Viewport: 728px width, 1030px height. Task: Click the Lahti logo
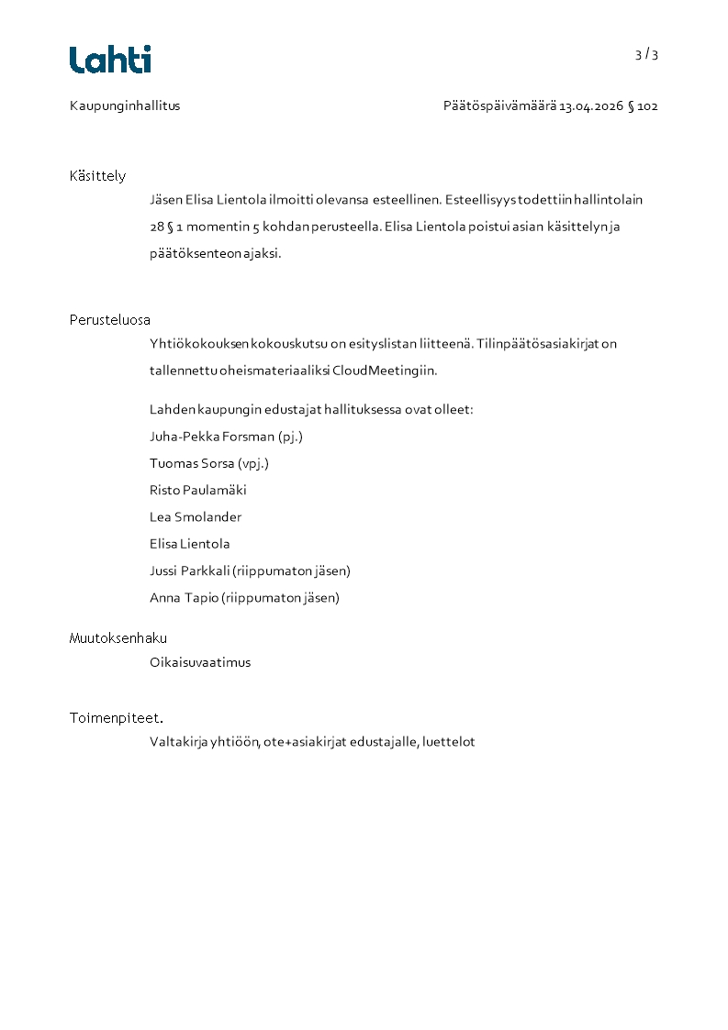pyautogui.click(x=110, y=60)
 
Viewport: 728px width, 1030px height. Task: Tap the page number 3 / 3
pyautogui.click(x=646, y=54)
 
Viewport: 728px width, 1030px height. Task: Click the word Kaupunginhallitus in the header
pyautogui.click(x=125, y=105)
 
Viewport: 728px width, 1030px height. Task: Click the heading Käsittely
pyautogui.click(x=97, y=176)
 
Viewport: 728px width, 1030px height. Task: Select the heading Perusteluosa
pyautogui.click(x=109, y=320)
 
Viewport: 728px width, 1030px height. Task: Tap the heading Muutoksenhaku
pyautogui.click(x=118, y=638)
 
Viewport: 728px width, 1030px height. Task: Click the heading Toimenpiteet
pyautogui.click(x=116, y=718)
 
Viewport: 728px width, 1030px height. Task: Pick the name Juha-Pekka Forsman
pyautogui.click(x=211, y=437)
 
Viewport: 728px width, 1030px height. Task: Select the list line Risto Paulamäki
pyautogui.click(x=197, y=490)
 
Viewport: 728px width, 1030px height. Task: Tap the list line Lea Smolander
pyautogui.click(x=196, y=517)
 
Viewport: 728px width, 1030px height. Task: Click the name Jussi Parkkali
pyautogui.click(x=190, y=570)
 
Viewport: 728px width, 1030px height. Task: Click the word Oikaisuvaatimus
pyautogui.click(x=199, y=662)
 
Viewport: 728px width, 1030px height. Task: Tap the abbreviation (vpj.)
pyautogui.click(x=253, y=463)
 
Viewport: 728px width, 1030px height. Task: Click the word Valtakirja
pyautogui.click(x=178, y=742)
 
